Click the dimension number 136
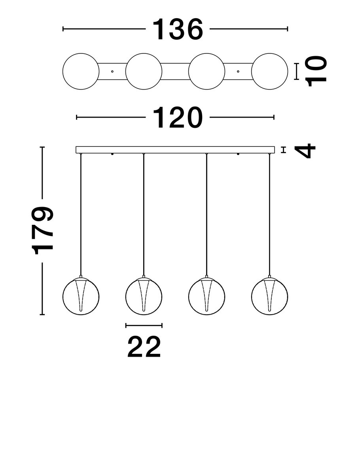coord(178,30)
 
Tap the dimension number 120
coord(178,118)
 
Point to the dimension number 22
coord(144,347)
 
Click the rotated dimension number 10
coord(317,71)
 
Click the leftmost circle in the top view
coord(81,71)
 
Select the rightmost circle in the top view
coord(269,71)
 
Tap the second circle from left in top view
coord(144,71)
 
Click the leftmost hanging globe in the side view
coord(81,296)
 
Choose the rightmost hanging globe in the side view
coord(269,296)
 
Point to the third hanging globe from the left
coord(207,296)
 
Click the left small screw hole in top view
coord(112,72)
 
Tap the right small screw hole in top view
coord(238,72)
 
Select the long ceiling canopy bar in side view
coord(175,150)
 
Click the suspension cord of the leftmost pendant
coord(81,214)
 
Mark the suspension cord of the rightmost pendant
coord(269,214)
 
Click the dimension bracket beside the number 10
coord(297,71)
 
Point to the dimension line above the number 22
coord(144,325)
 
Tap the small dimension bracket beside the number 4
coord(283,150)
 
